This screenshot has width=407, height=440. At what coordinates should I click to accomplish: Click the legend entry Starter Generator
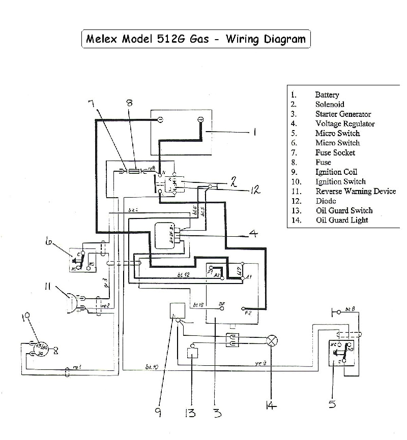pos(343,114)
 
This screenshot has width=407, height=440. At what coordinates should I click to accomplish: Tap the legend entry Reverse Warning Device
pos(355,192)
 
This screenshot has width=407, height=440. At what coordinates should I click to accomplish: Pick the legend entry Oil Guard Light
pos(341,220)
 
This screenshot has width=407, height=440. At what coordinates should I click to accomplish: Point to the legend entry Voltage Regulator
pos(344,124)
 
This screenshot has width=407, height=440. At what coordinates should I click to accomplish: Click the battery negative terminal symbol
pos(160,120)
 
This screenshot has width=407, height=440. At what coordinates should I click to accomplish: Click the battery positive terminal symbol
pos(200,120)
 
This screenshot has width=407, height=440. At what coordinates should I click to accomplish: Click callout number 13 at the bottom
pos(190,412)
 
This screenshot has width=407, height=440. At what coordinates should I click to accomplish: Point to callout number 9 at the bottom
pos(158,412)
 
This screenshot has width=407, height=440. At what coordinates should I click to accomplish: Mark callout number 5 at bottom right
pos(332,404)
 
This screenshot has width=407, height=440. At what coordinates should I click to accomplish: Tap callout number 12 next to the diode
pos(255,190)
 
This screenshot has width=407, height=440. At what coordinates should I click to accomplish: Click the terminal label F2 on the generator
pos(248,313)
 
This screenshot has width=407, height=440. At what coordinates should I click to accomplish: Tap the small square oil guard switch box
pos(192,353)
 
